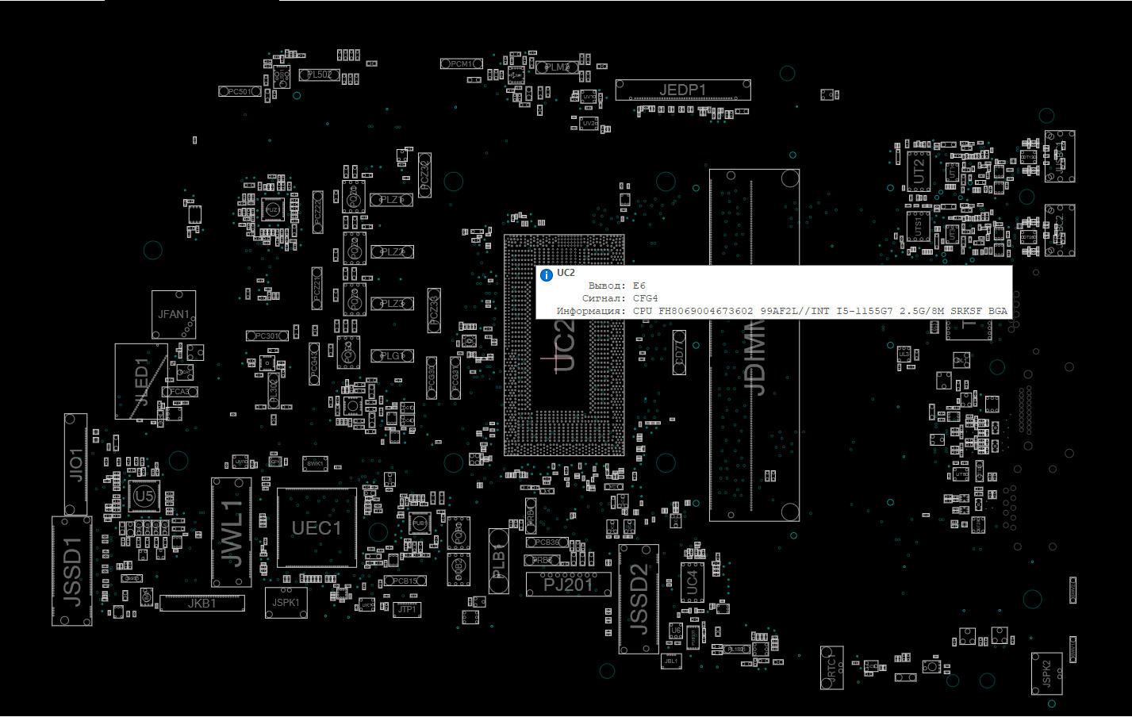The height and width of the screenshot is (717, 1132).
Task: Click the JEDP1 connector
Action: (x=682, y=90)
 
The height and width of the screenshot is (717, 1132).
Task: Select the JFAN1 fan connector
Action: (x=174, y=315)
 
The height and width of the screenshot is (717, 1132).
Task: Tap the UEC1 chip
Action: (x=317, y=527)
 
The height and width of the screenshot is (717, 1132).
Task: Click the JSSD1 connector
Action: (x=72, y=571)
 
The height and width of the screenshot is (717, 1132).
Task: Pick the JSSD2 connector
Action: (x=639, y=599)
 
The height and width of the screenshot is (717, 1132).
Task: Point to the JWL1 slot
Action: (x=232, y=532)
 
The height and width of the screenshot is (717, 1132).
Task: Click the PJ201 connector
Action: (x=568, y=585)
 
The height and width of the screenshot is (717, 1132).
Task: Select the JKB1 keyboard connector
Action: (x=202, y=604)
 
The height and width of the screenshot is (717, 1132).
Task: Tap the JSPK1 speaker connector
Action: (x=286, y=603)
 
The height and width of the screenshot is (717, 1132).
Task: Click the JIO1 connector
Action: (x=75, y=464)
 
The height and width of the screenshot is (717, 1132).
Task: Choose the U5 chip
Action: (x=144, y=497)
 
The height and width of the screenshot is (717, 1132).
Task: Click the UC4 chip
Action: (x=692, y=583)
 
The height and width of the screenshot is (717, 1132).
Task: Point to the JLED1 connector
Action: (x=141, y=382)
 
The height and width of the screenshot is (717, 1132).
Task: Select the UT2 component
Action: (x=919, y=171)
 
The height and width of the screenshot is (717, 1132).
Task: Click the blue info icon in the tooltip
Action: (x=546, y=275)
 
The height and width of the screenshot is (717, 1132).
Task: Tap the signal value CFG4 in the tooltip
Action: (x=645, y=298)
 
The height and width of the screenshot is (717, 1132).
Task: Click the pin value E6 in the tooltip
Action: (x=639, y=286)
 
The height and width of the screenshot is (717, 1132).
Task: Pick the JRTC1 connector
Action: (x=831, y=667)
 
